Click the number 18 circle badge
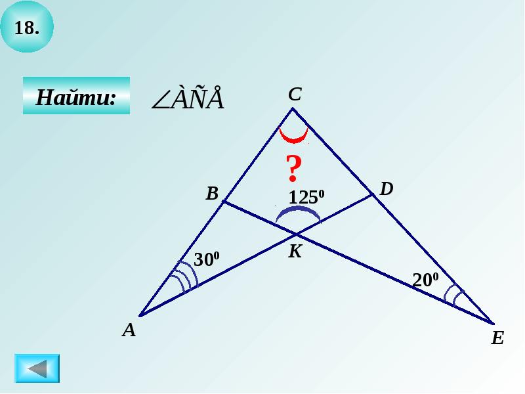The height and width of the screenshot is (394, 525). coord(27,28)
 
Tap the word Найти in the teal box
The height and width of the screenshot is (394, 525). coord(76,97)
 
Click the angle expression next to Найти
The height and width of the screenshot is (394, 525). coord(188,99)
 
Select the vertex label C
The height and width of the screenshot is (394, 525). coord(295,95)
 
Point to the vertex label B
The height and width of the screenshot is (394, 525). coord(211,193)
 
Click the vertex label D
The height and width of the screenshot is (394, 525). coord(387,189)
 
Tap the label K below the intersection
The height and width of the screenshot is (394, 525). coord(295,251)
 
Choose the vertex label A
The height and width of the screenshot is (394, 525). coord(129,330)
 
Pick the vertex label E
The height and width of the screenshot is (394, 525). coord(497,338)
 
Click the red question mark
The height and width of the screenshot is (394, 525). coord(293,169)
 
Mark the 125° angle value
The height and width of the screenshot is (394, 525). coord(306,197)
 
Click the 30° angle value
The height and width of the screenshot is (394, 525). coord(206,260)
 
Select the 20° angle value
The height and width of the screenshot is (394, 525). coord(425,280)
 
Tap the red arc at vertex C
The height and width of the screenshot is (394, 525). coord(293,137)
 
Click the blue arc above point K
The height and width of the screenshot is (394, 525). coord(298,213)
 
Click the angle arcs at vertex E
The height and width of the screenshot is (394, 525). coord(453,295)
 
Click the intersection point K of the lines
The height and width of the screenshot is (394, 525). coord(296,234)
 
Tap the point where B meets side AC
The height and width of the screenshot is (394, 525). coord(223,202)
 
